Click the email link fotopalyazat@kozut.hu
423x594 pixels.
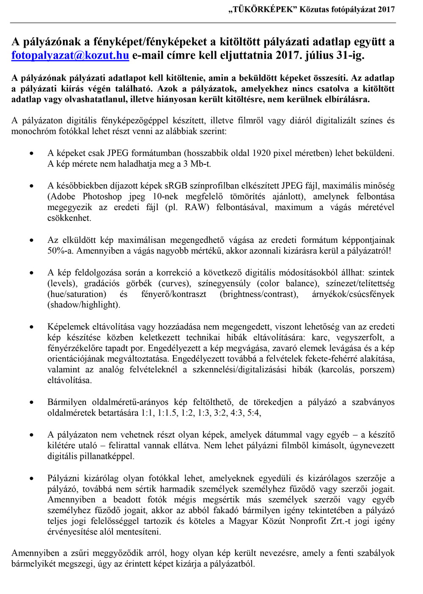[x=70, y=55]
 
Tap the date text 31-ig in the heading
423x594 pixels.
[x=349, y=55]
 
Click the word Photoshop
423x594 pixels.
[x=102, y=196]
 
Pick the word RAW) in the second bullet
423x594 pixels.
[x=197, y=207]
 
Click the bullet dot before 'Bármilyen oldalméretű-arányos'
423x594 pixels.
[x=31, y=403]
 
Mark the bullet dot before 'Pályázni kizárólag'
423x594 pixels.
[x=31, y=479]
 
